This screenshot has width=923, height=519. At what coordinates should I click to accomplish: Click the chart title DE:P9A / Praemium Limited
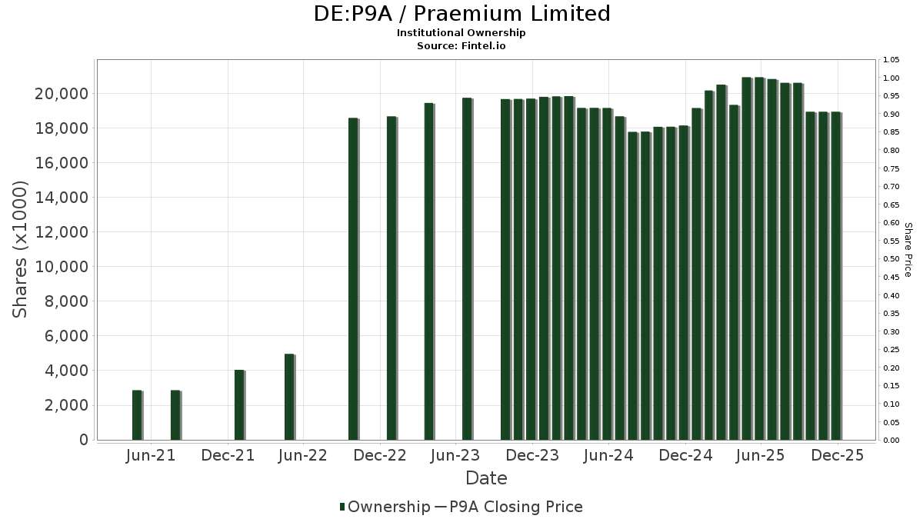tap(461, 14)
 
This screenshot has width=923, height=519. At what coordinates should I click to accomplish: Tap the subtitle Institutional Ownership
tap(461, 33)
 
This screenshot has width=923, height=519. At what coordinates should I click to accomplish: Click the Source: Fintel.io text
tap(461, 45)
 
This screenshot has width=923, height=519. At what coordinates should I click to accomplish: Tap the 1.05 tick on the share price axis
tap(891, 60)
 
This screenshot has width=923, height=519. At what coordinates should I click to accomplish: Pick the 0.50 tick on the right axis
tap(891, 259)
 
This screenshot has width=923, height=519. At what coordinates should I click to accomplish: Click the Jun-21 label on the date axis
tap(151, 455)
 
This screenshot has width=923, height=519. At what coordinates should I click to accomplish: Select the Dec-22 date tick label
tap(379, 455)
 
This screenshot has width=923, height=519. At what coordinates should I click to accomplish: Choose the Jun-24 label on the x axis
tap(608, 455)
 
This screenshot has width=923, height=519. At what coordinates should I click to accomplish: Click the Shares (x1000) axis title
tap(21, 249)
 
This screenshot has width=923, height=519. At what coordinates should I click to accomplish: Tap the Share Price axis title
tap(908, 249)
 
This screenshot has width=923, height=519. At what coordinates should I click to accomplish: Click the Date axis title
tap(486, 478)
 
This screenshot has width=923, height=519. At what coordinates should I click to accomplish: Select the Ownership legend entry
tap(385, 507)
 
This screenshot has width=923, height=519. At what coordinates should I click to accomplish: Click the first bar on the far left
tap(137, 415)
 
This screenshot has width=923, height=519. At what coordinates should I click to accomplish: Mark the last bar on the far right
tap(835, 276)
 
